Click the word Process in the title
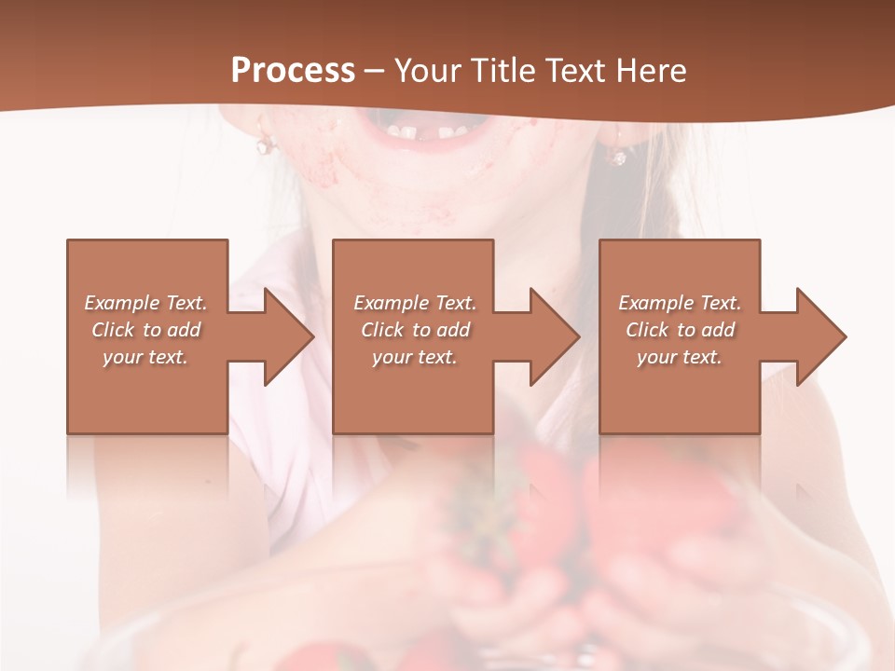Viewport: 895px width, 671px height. coord(293,71)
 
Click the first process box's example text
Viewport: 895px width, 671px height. coord(145,330)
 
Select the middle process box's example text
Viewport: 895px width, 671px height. coord(415,330)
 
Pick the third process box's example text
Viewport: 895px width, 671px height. coord(680,330)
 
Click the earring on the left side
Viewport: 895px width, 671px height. coord(265,144)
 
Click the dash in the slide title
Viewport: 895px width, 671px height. coord(375,72)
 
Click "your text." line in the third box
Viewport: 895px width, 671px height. coord(680,357)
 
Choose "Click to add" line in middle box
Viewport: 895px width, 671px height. coord(415,330)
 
